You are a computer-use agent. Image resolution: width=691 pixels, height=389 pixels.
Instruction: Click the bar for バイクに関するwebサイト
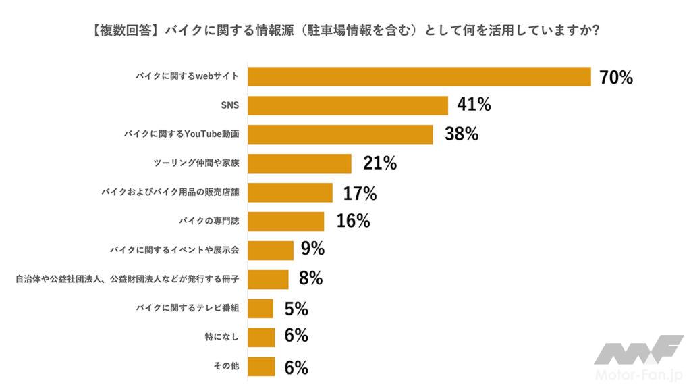(x=419, y=76)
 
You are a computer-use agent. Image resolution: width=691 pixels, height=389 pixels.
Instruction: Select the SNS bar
(x=348, y=105)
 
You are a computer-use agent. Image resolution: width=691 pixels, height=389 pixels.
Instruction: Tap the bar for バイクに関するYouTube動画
(x=340, y=134)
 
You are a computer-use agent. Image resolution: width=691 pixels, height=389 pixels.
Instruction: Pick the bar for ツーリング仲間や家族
(x=300, y=163)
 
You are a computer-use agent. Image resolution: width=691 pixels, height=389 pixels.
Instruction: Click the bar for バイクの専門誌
(x=286, y=222)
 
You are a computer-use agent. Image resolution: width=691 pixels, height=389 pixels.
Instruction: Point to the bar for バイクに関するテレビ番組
(x=260, y=309)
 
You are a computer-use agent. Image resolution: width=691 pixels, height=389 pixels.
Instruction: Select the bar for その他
(x=261, y=367)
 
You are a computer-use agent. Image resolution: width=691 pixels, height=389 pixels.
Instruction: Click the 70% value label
(x=616, y=77)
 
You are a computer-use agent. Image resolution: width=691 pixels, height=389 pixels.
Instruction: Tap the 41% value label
(x=474, y=105)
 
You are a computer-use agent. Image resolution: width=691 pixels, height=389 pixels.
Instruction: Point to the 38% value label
(x=462, y=134)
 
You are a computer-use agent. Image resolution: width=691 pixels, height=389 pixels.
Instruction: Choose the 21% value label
(x=380, y=163)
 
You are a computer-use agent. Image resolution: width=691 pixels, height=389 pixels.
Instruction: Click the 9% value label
(x=313, y=249)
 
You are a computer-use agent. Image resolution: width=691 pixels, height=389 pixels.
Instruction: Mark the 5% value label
(x=296, y=309)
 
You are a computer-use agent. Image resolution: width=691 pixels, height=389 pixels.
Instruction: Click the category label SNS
(x=230, y=105)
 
